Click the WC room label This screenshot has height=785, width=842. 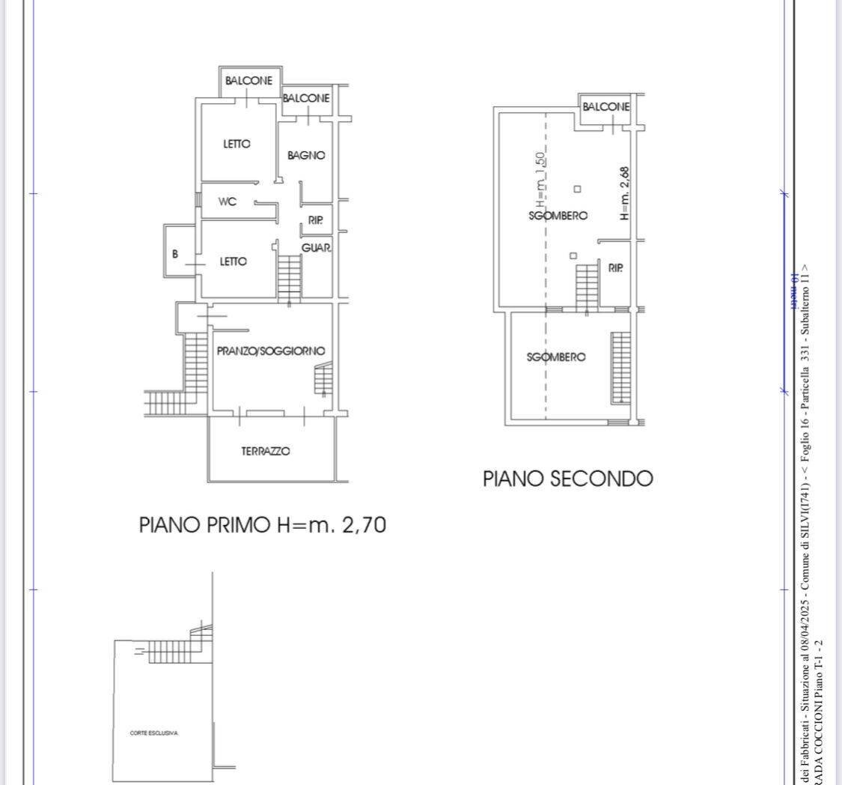coord(228,202)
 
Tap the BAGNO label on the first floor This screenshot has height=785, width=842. coord(306,156)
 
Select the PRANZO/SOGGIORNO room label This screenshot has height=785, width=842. coord(271,351)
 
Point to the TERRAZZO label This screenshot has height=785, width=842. coord(266,451)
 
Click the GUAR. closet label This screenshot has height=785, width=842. coord(317,248)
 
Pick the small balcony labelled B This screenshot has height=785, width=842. coord(175,254)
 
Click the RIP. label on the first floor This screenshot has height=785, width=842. coord(316,221)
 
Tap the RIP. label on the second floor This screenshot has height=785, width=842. coord(616,267)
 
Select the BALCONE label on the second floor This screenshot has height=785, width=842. coord(606,107)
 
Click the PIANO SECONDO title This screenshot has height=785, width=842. coord(567,479)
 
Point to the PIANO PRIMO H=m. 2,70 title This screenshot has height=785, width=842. coord(263,525)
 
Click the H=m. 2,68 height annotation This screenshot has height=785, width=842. coord(624,193)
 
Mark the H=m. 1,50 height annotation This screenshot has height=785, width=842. coord(540,180)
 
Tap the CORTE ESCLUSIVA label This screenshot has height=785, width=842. coord(154,733)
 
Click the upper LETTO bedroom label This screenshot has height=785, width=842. coord(237,144)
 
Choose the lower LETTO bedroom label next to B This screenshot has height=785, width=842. coord(233,261)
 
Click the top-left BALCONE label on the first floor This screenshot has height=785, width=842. coord(248,81)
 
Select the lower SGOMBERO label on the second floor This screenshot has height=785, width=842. coord(556,357)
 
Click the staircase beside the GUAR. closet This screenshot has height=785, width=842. coord(289,276)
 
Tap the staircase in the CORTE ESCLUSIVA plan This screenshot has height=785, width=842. coord(171,651)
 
